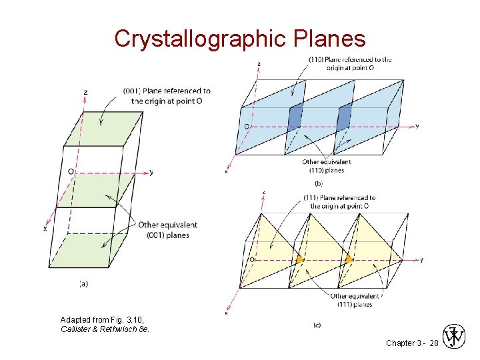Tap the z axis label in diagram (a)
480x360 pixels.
(x=86, y=91)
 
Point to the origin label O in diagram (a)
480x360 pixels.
(x=70, y=171)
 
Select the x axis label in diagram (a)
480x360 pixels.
(x=45, y=229)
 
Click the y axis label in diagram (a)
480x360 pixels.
(x=151, y=172)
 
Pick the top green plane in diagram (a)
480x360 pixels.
(x=104, y=128)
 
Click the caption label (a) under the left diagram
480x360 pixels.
(x=84, y=283)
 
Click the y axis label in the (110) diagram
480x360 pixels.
(x=417, y=127)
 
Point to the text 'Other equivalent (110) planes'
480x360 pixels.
(x=327, y=166)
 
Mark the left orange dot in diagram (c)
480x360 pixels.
(x=300, y=259)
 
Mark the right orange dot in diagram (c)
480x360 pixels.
(x=349, y=259)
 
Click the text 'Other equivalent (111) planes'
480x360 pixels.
(x=355, y=300)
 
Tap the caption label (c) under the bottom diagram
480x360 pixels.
(x=319, y=325)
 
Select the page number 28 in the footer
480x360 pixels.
(x=434, y=342)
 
